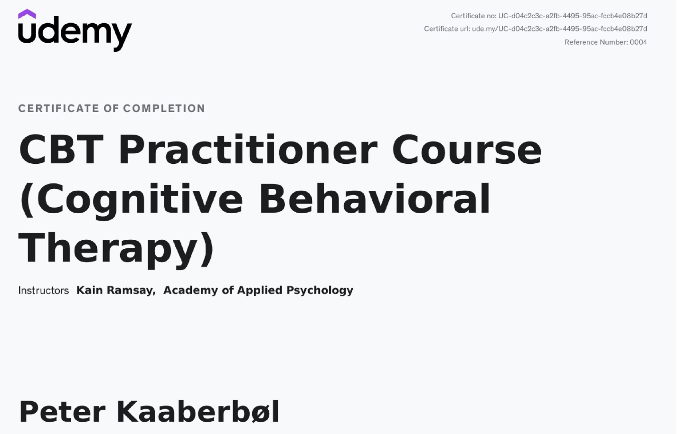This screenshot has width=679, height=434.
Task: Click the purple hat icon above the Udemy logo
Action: pyautogui.click(x=27, y=14)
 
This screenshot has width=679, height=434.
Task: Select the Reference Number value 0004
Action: pyautogui.click(x=638, y=42)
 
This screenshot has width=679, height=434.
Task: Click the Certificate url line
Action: pyautogui.click(x=535, y=29)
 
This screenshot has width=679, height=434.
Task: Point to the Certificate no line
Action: pyautogui.click(x=549, y=16)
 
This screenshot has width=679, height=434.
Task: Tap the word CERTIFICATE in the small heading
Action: pyautogui.click(x=59, y=108)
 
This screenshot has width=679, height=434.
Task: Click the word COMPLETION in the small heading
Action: pyautogui.click(x=164, y=108)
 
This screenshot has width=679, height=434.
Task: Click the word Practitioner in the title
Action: pyautogui.click(x=248, y=150)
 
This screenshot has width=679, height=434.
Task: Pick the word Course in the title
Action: pyautogui.click(x=467, y=150)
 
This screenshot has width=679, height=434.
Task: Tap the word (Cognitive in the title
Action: pyautogui.click(x=131, y=200)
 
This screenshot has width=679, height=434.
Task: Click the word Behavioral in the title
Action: pyautogui.click(x=375, y=198)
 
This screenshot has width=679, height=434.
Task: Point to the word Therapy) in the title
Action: pyautogui.click(x=116, y=249)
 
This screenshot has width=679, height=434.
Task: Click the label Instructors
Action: pyautogui.click(x=44, y=290)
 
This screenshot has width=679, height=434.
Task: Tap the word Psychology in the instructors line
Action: pyautogui.click(x=320, y=290)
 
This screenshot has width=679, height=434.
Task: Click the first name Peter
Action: pyautogui.click(x=63, y=412)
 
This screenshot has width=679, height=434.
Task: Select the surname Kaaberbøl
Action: pyautogui.click(x=198, y=412)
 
